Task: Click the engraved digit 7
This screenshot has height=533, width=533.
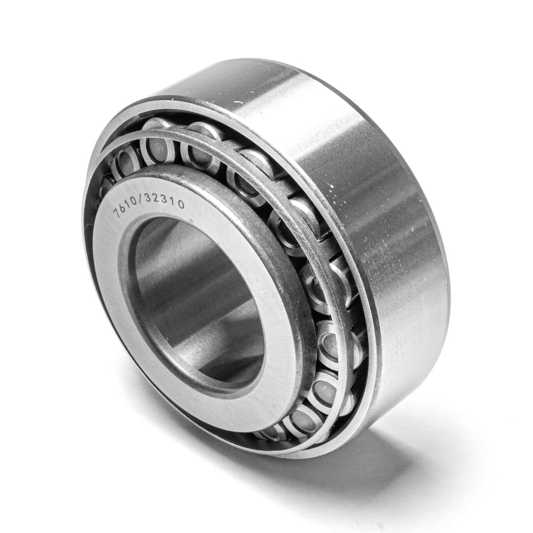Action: click(117, 213)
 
